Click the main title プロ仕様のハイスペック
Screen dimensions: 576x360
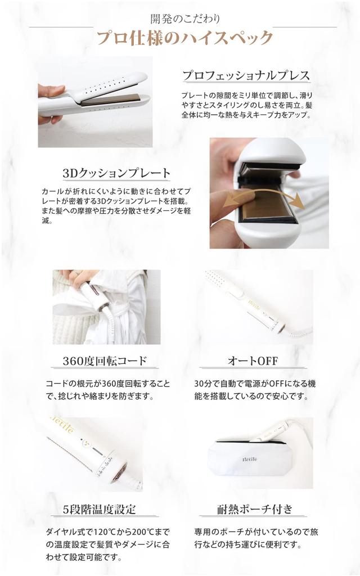click(x=184, y=38)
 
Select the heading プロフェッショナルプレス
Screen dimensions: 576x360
click(x=246, y=75)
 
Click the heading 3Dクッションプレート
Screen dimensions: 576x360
click(x=116, y=172)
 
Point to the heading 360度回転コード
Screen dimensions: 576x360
click(x=106, y=360)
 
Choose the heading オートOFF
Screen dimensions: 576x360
click(x=252, y=360)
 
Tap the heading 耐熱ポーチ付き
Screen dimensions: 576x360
click(x=255, y=510)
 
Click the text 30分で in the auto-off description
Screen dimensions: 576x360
click(x=207, y=384)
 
